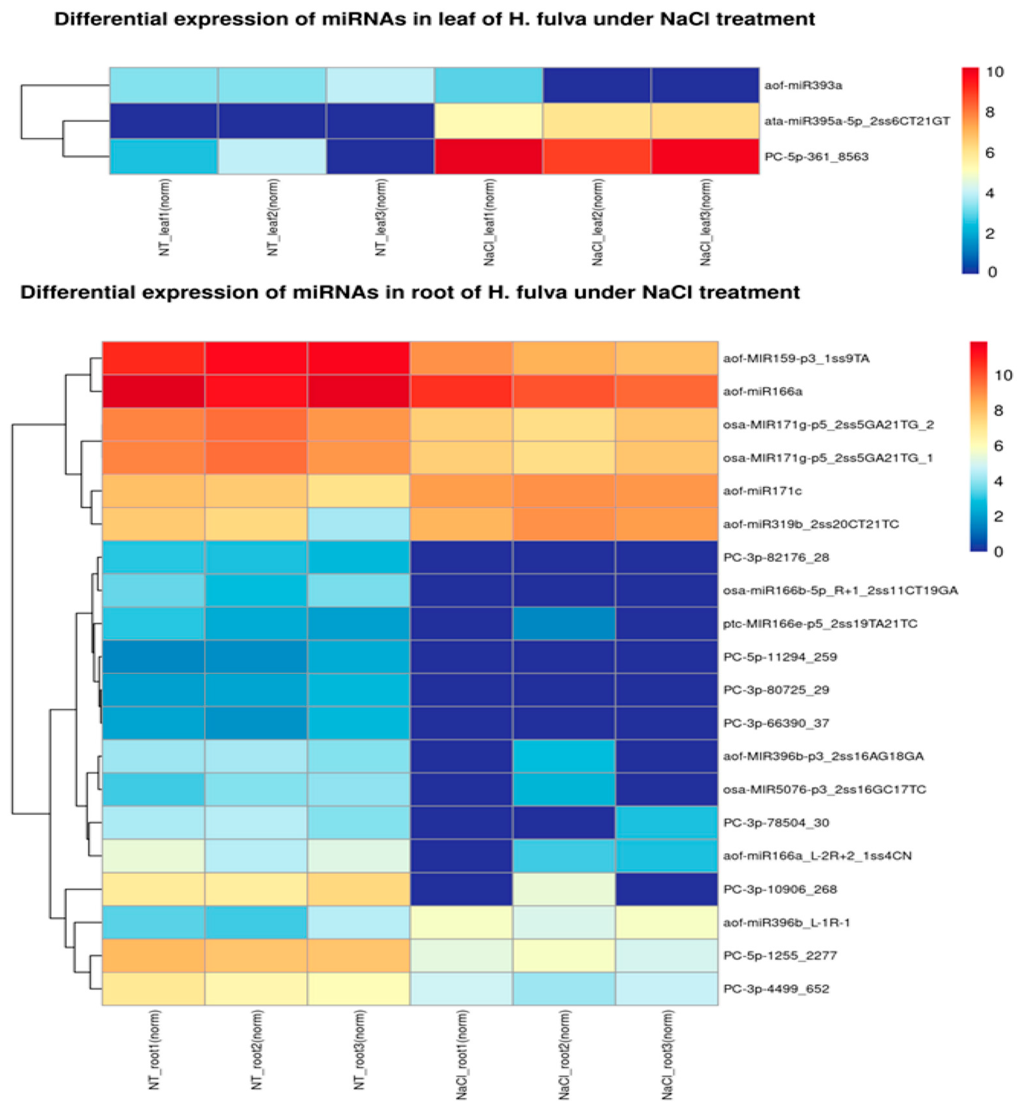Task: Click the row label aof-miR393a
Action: [803, 86]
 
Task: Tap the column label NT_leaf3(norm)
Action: [381, 217]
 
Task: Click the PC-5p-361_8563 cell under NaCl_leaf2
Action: [597, 156]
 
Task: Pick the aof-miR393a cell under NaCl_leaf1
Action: [489, 86]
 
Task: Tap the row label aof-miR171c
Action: [762, 491]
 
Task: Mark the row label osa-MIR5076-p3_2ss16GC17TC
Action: [824, 789]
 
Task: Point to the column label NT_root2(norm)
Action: [257, 1050]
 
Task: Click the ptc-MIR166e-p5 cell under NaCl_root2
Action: [564, 624]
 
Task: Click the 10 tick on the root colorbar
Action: [1003, 376]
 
